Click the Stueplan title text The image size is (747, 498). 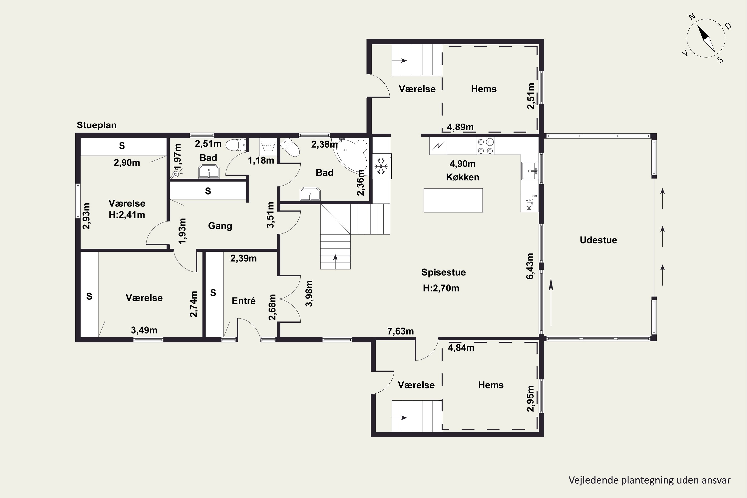click(x=97, y=125)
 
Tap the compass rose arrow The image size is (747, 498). click(x=706, y=38)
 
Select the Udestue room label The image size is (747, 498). click(x=598, y=240)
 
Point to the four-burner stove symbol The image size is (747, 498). click(x=486, y=146)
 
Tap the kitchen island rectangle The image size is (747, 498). click(x=453, y=200)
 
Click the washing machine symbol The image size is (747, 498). click(x=267, y=147)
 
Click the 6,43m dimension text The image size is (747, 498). click(x=530, y=266)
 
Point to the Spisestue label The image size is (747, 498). click(x=443, y=272)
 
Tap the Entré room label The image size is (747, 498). click(x=244, y=301)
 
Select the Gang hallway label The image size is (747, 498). click(x=220, y=226)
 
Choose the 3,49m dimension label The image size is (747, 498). click(x=144, y=330)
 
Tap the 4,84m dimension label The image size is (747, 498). click(x=461, y=348)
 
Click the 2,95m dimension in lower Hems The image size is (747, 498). click(x=530, y=399)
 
